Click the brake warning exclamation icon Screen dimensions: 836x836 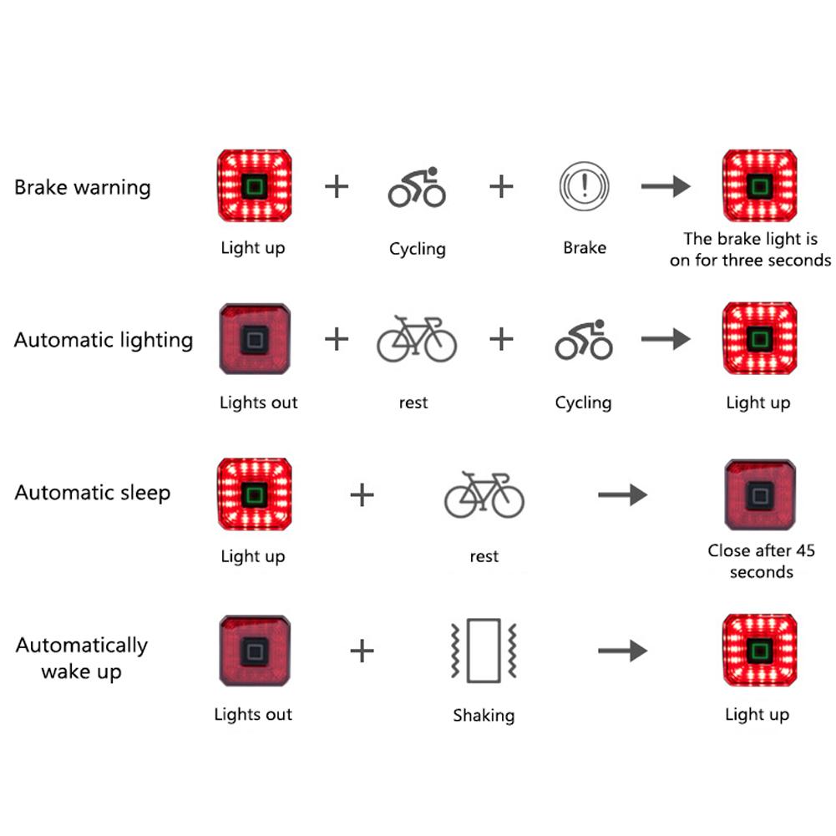click(584, 185)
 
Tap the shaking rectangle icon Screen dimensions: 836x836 click(484, 650)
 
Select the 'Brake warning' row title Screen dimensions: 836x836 click(83, 186)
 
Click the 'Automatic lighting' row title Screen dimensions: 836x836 click(104, 340)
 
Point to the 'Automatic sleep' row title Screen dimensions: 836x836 click(92, 493)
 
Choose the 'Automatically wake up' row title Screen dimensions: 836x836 click(81, 658)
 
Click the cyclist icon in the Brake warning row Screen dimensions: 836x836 click(417, 187)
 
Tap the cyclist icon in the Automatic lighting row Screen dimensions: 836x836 click(583, 339)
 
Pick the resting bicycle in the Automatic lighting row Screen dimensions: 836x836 click(417, 339)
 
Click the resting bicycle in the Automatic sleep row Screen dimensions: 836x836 click(484, 494)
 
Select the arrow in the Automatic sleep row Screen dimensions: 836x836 click(622, 495)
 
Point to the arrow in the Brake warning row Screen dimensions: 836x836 click(666, 186)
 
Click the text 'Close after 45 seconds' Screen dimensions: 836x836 click(761, 561)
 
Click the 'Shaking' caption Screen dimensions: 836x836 click(484, 715)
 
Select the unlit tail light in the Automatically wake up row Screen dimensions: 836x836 click(255, 650)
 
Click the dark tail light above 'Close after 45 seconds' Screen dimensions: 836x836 click(759, 495)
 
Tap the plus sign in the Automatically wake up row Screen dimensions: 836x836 click(362, 650)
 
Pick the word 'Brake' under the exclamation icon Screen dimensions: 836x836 click(585, 247)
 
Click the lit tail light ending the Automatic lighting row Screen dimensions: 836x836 click(758, 339)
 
